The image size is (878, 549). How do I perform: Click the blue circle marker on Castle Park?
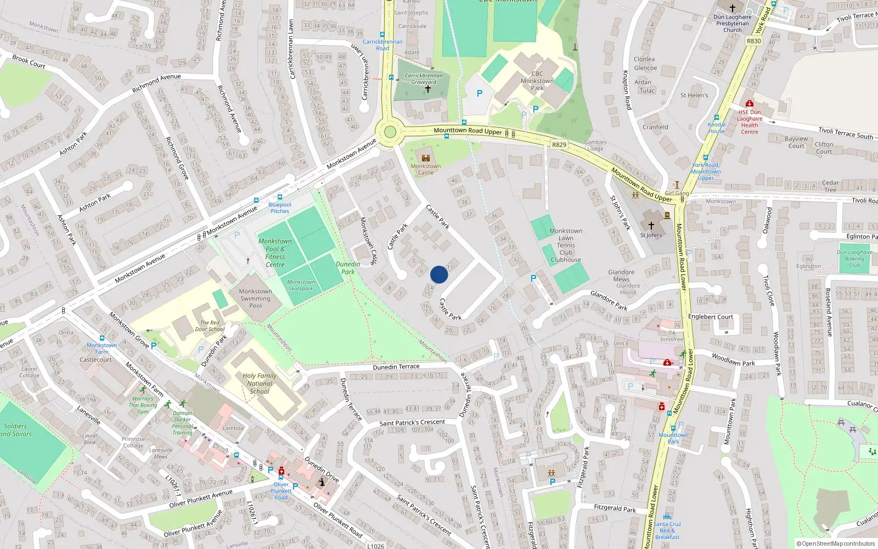click(x=439, y=274)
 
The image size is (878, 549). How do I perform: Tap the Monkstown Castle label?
click(x=426, y=169)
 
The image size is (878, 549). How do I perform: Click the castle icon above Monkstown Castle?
click(x=425, y=158)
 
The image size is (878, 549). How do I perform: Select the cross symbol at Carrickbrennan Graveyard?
click(x=428, y=88)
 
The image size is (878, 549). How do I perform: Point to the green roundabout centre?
click(x=390, y=132)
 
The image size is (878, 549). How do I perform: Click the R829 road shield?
click(x=559, y=145)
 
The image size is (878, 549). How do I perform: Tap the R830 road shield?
click(x=754, y=41)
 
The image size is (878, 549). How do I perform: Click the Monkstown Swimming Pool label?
click(x=255, y=299)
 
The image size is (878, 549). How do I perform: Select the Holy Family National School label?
click(x=260, y=384)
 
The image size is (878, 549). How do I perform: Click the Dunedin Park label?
click(x=348, y=268)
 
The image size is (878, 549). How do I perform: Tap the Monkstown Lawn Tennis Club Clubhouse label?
click(x=566, y=245)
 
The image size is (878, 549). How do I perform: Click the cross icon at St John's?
click(x=651, y=225)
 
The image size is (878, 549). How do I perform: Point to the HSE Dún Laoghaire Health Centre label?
click(x=750, y=122)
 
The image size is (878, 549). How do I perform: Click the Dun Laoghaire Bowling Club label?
click(x=854, y=259)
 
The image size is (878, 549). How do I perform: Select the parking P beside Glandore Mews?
click(x=533, y=278)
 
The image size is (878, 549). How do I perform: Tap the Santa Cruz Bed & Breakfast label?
click(x=667, y=530)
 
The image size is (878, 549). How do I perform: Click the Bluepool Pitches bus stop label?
click(x=280, y=208)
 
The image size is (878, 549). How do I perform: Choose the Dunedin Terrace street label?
click(x=396, y=367)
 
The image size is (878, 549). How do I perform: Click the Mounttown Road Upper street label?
click(x=468, y=131)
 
